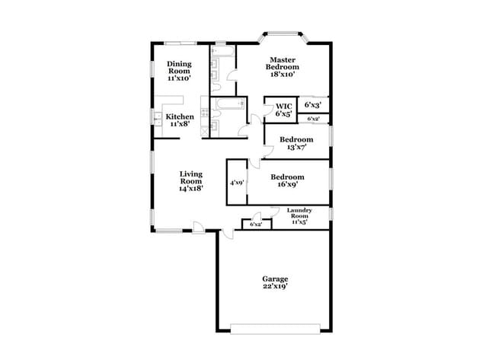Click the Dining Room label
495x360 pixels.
click(179, 71)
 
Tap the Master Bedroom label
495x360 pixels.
click(282, 67)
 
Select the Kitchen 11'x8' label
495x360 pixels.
click(180, 119)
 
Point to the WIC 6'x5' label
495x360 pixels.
click(283, 110)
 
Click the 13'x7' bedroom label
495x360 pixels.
click(295, 143)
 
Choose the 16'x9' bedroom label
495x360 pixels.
click(288, 180)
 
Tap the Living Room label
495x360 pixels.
click(191, 181)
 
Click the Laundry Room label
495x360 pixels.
click(297, 216)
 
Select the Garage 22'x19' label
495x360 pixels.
click(275, 282)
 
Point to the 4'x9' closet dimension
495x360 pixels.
click(237, 183)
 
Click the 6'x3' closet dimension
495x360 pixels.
click(312, 104)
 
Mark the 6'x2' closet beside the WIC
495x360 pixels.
click(313, 119)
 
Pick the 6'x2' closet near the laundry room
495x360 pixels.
click(257, 224)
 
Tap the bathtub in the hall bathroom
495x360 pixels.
click(227, 104)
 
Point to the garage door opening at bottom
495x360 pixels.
click(275, 328)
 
